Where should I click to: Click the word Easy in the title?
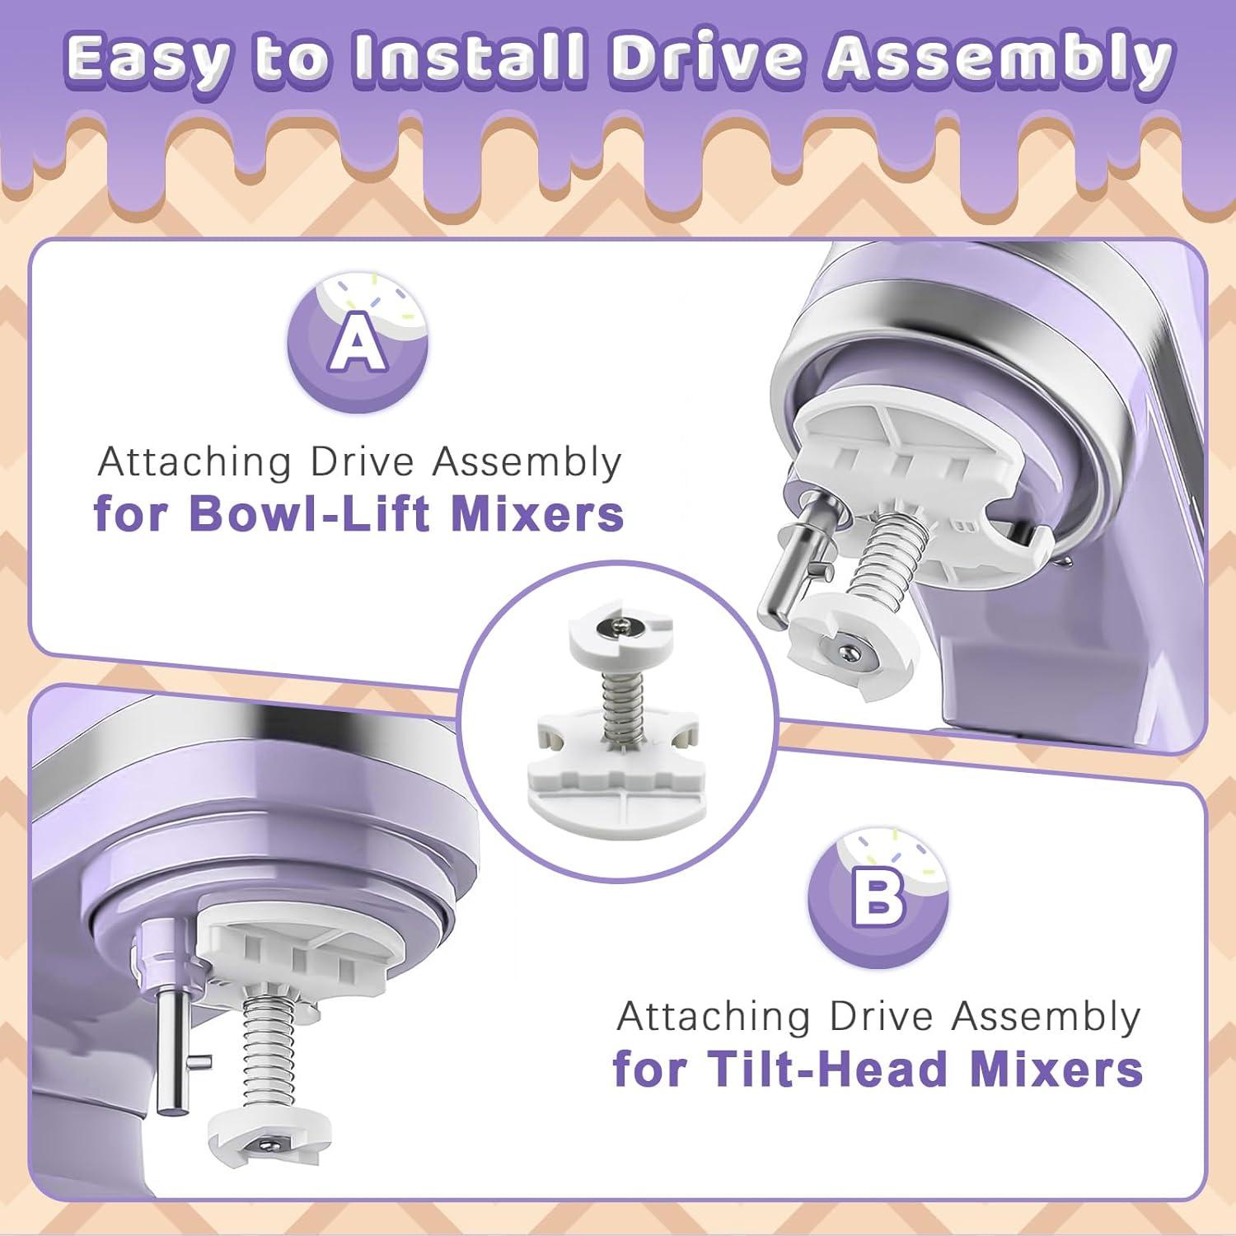coord(145,59)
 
